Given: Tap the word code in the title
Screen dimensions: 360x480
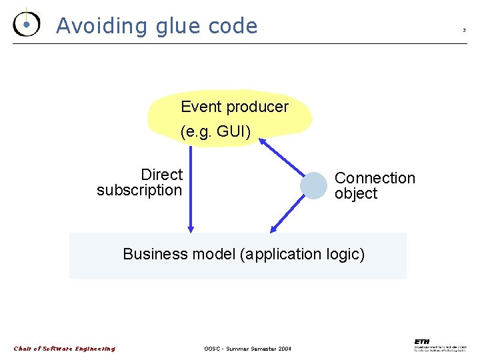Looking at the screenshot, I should click(233, 26).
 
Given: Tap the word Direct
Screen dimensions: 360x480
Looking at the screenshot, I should click(161, 175).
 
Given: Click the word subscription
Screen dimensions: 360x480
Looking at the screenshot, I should click(139, 190).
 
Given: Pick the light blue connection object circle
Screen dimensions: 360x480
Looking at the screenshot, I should click(313, 185).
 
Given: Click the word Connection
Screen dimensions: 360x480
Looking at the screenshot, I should click(375, 178).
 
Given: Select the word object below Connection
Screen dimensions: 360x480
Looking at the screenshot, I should click(356, 193).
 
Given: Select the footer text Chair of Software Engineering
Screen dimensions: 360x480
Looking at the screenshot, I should click(65, 349).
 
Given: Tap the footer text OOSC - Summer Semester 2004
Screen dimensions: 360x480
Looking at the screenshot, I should click(247, 349).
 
